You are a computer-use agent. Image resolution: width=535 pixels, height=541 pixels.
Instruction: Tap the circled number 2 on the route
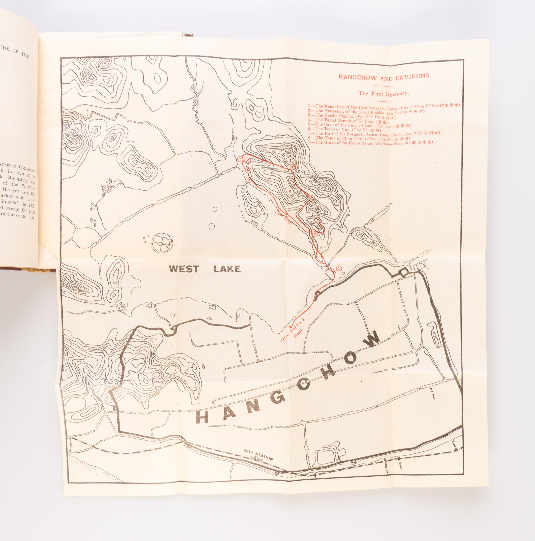315,234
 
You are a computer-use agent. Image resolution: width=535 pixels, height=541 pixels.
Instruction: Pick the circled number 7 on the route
239,159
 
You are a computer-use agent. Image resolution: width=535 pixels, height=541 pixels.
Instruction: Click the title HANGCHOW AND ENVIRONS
384,77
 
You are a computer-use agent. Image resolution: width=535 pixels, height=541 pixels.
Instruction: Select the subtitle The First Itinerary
384,93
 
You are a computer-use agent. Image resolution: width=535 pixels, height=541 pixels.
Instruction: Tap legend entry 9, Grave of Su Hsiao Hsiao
371,143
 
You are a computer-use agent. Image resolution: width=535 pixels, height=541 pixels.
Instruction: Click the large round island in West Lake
162,242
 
